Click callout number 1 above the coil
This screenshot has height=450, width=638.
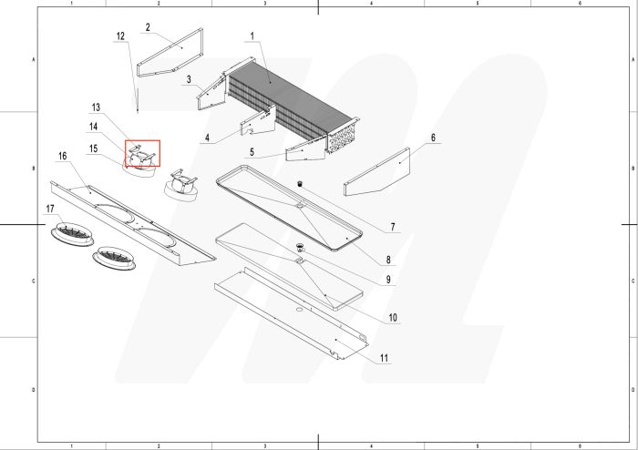[x=252, y=36]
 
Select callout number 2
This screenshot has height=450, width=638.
[x=148, y=27]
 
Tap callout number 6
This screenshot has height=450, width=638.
[x=434, y=138]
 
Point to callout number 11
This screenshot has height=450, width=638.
[x=384, y=358]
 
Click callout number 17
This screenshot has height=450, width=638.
[x=51, y=210]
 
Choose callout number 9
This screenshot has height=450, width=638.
[x=387, y=279]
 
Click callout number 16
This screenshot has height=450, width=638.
[x=62, y=157]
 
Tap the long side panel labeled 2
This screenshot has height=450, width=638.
[x=170, y=56]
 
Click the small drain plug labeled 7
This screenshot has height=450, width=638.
[x=297, y=184]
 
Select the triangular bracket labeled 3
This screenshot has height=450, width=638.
[x=211, y=91]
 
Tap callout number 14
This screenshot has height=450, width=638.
[x=93, y=126]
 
